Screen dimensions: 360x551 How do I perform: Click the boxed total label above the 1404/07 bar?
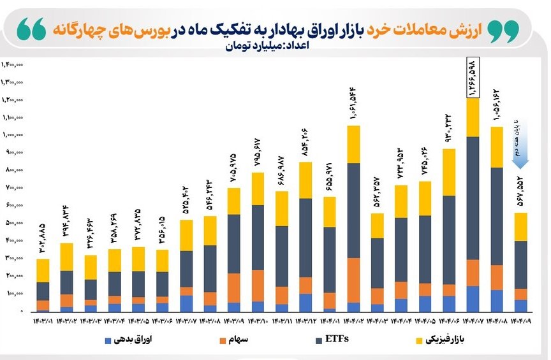473,78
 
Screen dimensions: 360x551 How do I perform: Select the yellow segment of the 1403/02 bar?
67,257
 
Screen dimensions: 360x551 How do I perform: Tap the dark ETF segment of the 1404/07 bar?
473,198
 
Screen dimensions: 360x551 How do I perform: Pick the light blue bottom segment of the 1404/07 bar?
473,298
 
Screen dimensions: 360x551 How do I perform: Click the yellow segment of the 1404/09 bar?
521,227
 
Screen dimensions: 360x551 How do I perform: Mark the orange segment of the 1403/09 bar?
234,287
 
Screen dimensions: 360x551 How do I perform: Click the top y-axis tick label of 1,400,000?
14,64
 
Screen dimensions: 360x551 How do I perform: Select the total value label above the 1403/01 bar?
43,238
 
